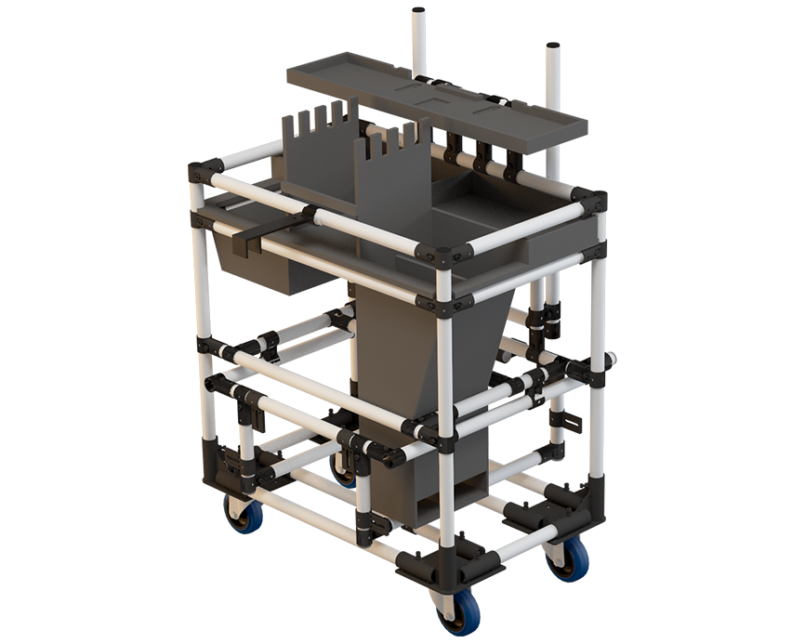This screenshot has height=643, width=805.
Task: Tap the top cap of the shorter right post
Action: point(553,46)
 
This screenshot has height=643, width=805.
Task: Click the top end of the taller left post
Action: point(419,12)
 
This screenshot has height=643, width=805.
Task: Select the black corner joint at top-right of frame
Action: point(589,200)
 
